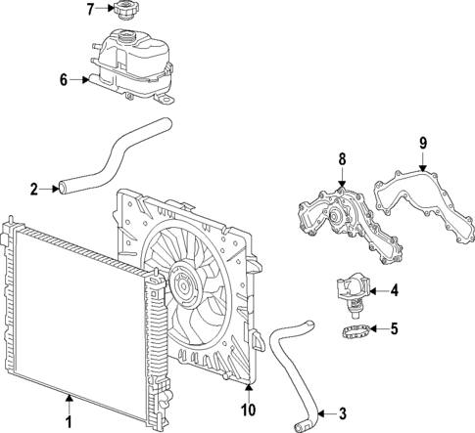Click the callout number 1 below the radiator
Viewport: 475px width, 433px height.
(69, 422)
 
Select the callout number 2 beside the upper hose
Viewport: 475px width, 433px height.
(33, 189)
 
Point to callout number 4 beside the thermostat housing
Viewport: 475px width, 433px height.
(394, 289)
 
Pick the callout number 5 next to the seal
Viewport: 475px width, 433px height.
(394, 328)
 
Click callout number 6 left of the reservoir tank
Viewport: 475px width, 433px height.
(63, 80)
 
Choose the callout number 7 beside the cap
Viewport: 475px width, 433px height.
(89, 10)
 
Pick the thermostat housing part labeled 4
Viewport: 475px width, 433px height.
(350, 290)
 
